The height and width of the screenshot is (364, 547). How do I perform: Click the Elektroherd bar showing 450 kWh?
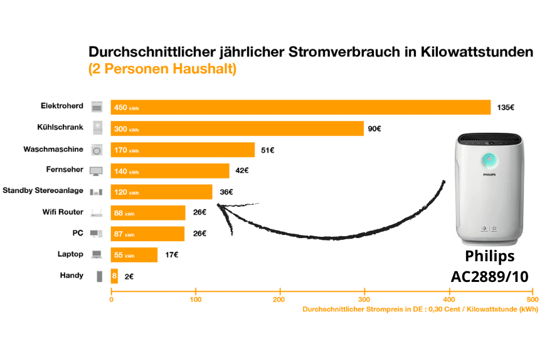click(x=300, y=107)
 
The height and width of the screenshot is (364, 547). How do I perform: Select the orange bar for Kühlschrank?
click(x=237, y=128)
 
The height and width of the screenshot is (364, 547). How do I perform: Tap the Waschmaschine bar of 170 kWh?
click(x=183, y=150)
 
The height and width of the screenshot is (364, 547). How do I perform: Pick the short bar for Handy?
click(x=114, y=276)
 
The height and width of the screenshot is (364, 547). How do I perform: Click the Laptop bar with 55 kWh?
click(x=134, y=255)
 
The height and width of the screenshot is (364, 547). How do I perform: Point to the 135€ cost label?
click(x=506, y=107)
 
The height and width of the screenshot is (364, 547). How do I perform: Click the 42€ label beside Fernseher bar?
click(x=242, y=170)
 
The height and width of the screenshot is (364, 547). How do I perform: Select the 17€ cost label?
click(x=171, y=255)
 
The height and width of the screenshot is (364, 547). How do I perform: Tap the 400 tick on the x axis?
click(x=449, y=299)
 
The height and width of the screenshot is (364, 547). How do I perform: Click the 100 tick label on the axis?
click(x=196, y=299)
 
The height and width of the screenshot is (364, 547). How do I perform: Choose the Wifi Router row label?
click(x=62, y=212)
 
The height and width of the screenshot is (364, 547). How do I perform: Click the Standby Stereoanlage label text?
click(x=43, y=190)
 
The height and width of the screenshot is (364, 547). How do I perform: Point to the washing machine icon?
click(x=97, y=149)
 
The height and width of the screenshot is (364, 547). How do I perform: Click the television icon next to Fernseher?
click(x=97, y=170)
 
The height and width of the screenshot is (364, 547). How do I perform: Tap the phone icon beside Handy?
click(x=98, y=276)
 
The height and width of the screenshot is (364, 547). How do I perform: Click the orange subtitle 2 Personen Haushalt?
click(x=162, y=69)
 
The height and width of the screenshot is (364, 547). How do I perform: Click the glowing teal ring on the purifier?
click(x=489, y=159)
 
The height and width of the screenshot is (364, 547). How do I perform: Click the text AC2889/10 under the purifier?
click(x=489, y=276)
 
